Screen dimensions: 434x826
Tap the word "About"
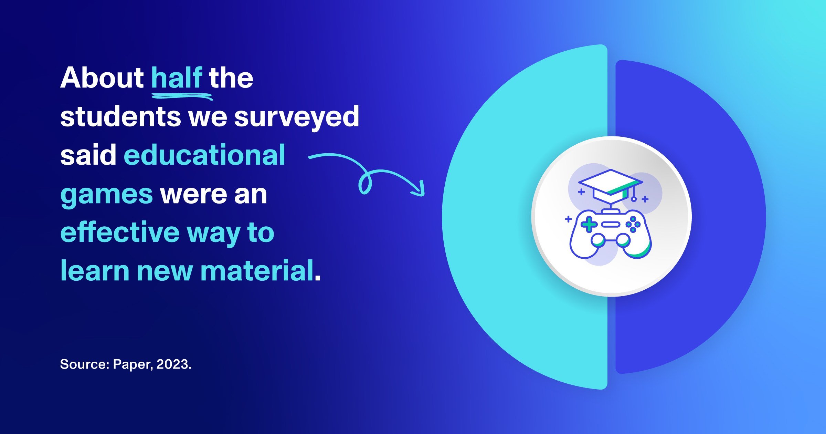coord(102,78)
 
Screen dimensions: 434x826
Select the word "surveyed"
coord(296,117)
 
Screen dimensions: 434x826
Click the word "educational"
coord(204,155)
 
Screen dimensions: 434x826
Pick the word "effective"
coord(120,232)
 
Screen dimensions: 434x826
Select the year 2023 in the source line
coord(173,364)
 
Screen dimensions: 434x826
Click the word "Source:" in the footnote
coord(85,364)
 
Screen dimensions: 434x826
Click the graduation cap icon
coord(610,186)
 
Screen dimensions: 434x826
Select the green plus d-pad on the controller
coord(589,225)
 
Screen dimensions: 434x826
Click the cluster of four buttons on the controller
coord(633,225)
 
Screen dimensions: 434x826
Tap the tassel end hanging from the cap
coord(634,199)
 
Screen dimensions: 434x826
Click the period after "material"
coord(318,278)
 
